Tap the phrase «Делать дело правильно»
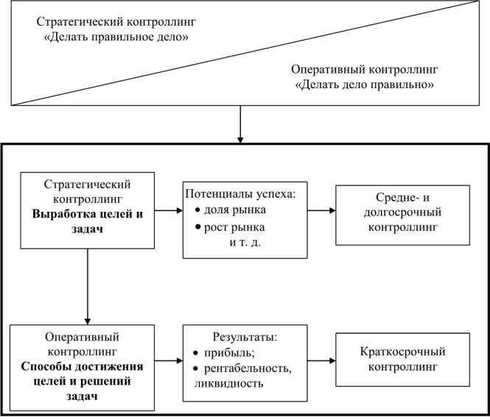[365, 85]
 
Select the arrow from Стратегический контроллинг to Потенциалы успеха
[169, 210]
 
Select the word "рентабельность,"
[243, 368]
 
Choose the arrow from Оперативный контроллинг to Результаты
[169, 361]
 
